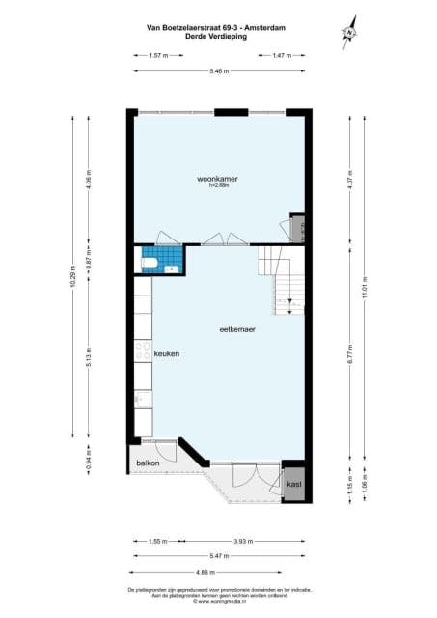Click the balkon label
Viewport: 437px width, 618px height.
click(148, 463)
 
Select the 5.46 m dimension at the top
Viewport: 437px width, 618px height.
click(219, 73)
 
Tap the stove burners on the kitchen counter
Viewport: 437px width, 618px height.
click(143, 351)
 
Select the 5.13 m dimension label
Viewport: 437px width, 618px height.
click(89, 356)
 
